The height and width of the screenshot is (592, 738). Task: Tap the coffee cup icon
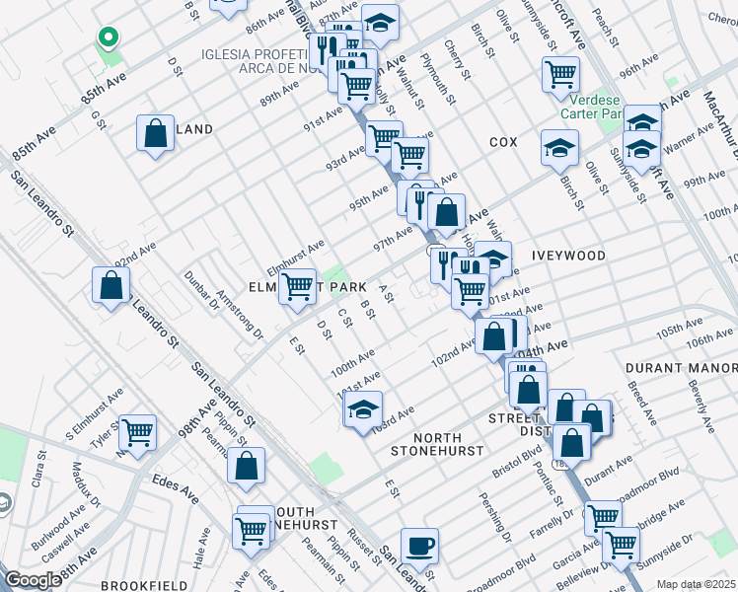pos(420,546)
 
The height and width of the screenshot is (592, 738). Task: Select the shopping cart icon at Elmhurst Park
pos(297,287)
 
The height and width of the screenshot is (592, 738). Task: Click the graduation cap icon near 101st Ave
pos(363,408)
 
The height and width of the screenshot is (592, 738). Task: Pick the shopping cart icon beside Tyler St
pos(137,431)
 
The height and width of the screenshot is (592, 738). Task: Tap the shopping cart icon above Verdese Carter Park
pos(559,73)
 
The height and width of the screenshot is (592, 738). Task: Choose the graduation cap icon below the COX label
pos(559,148)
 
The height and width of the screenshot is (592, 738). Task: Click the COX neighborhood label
pos(503,142)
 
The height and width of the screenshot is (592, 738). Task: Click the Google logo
pos(33,580)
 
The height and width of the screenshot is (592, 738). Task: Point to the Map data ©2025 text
pos(695,584)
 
